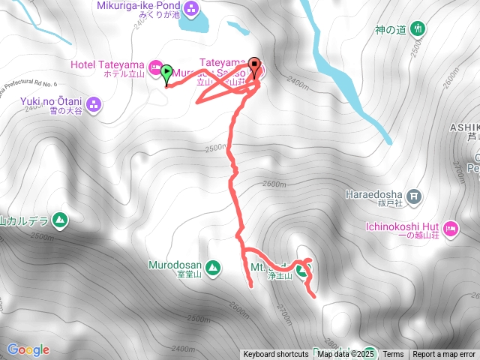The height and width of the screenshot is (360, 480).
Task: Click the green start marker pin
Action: pos(166,72)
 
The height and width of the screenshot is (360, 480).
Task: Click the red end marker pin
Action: pos(255,67)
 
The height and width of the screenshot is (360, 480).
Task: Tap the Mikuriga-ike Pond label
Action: pos(138,6)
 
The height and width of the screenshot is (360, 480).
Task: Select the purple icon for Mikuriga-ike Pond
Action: pos(191,9)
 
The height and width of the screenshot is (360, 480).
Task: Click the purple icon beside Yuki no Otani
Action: pos(94,103)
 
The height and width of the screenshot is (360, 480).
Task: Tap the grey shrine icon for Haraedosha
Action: pos(415,197)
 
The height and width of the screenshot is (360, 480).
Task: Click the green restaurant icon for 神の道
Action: pos(418,30)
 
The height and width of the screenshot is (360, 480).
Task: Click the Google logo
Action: pos(28,349)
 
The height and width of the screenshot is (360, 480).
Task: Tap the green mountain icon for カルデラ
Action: pos(60,220)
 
